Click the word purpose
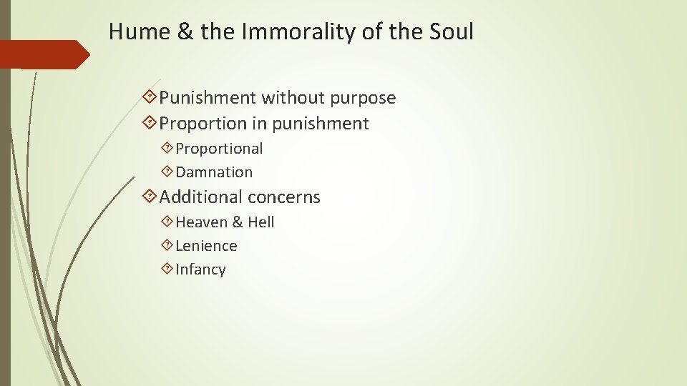point(361,98)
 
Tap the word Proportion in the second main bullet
point(203,124)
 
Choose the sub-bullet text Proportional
point(219,149)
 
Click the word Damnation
point(214,172)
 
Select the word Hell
point(260,222)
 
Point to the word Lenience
point(206,246)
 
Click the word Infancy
point(200,269)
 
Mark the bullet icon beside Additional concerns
point(150,197)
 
